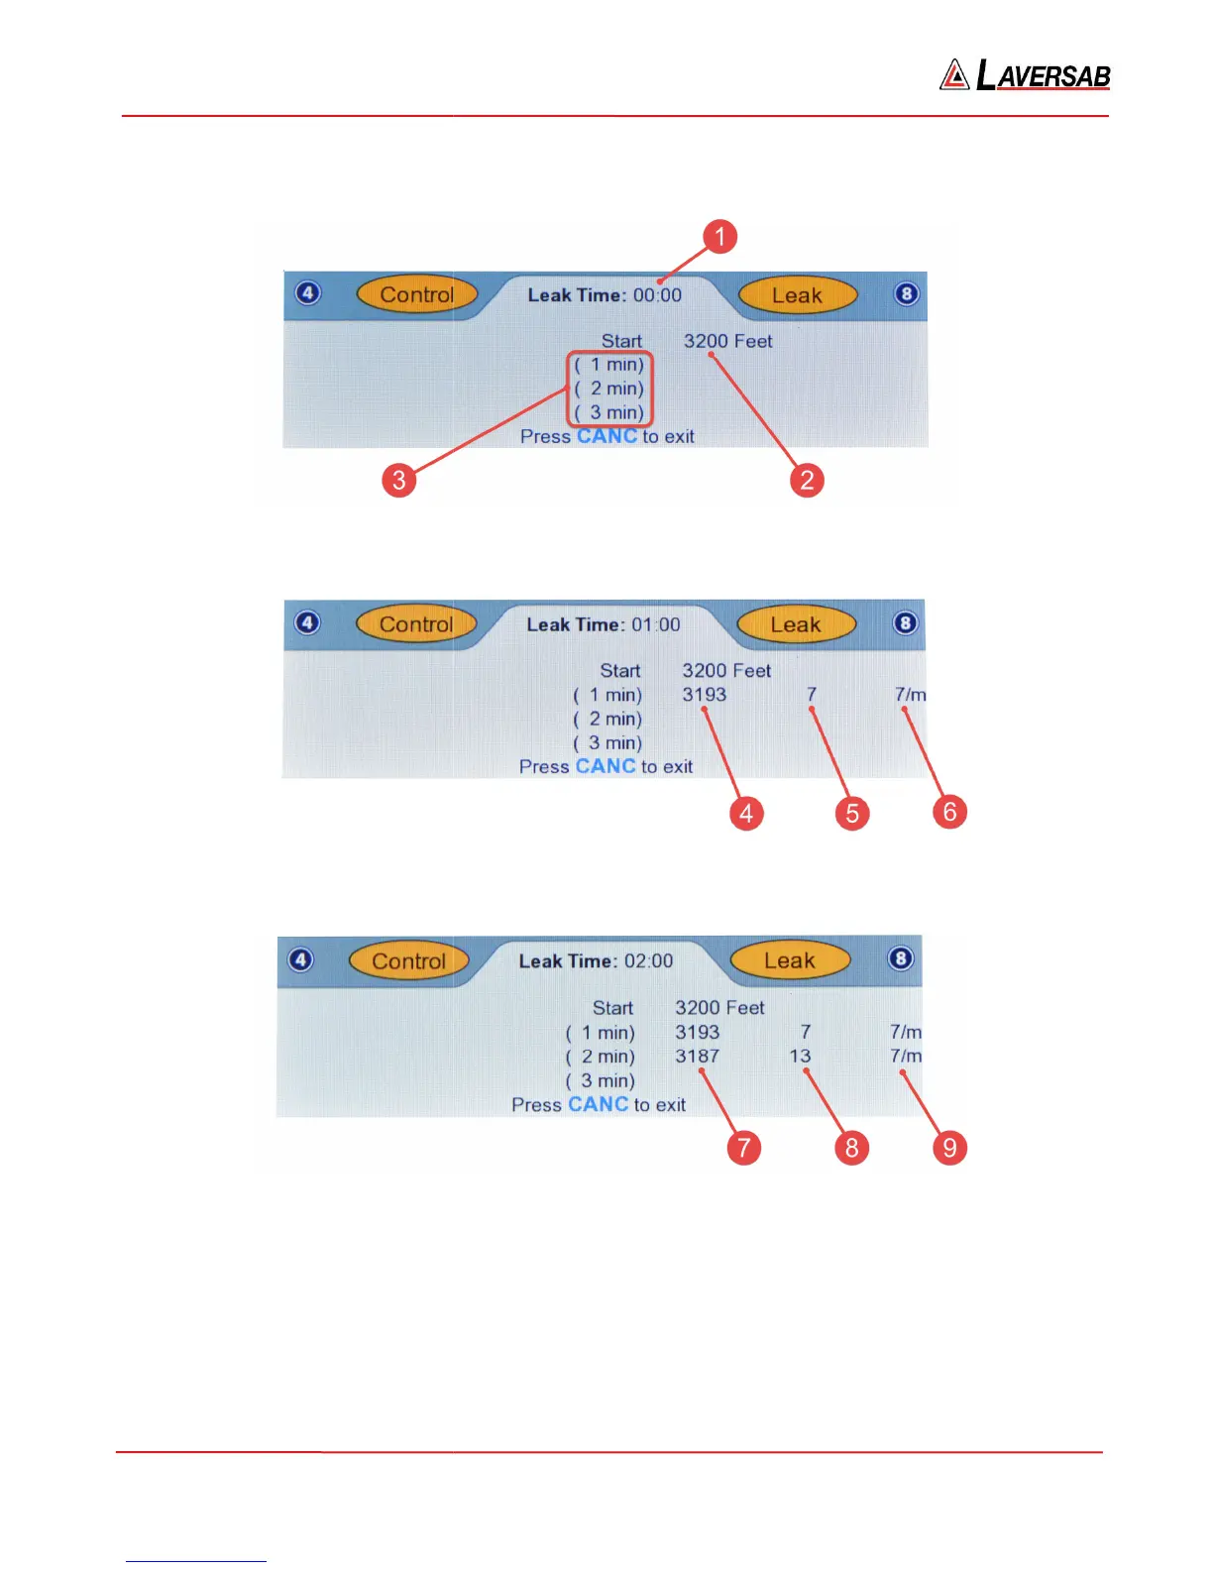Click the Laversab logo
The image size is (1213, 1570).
[1025, 74]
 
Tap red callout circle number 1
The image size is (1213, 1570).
[720, 237]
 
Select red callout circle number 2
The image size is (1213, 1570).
[807, 481]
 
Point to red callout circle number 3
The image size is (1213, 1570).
[398, 481]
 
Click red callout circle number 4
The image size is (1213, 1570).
[746, 814]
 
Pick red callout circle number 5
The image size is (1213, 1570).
[852, 814]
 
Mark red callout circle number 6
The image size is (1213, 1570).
[949, 813]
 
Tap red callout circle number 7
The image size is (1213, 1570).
[743, 1148]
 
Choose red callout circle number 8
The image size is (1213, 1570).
[851, 1148]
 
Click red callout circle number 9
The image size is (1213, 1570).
[949, 1148]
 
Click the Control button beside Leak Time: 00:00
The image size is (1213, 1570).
[416, 294]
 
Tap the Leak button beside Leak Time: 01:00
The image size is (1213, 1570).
[796, 624]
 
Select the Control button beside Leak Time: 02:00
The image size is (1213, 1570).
[408, 960]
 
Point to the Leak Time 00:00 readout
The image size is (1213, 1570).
[605, 295]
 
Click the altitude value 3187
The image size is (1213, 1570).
[698, 1057]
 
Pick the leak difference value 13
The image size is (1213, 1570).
[800, 1057]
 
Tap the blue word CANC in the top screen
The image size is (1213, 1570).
[606, 436]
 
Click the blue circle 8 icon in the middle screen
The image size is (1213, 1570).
[905, 623]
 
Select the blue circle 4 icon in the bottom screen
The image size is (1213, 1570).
[300, 959]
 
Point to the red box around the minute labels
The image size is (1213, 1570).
[609, 389]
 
